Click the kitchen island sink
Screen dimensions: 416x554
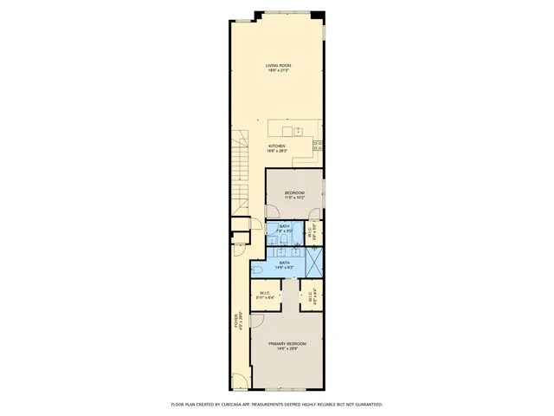click(297, 131)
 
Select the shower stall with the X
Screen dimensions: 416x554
click(313, 260)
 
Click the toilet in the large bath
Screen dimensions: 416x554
click(260, 271)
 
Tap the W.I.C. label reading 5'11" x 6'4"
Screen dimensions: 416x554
click(266, 294)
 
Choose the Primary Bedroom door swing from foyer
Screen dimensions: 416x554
click(257, 320)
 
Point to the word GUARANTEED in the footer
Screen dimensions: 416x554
click(364, 405)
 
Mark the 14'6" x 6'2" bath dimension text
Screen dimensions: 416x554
click(286, 268)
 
